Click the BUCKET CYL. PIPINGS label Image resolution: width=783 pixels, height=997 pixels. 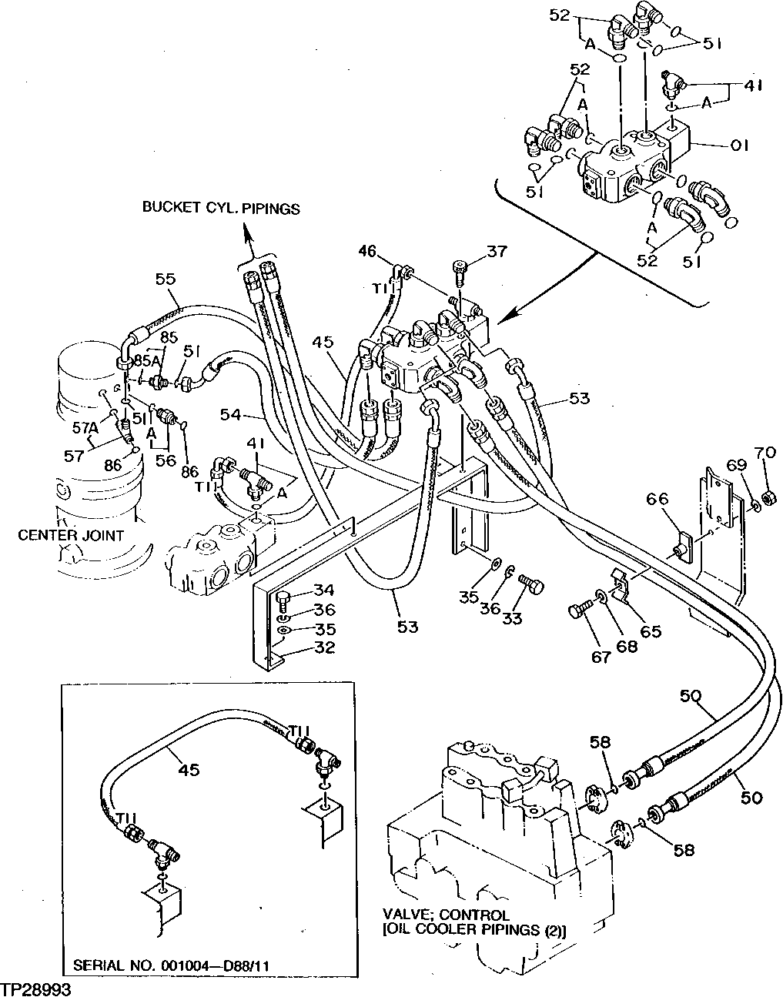(x=220, y=209)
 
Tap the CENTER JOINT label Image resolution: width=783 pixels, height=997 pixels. (x=71, y=535)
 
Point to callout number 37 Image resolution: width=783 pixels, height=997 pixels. (x=497, y=251)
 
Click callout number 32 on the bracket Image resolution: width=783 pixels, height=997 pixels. (x=324, y=647)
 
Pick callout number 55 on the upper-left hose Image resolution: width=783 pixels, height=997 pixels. (x=167, y=279)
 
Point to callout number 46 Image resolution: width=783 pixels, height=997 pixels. (x=369, y=250)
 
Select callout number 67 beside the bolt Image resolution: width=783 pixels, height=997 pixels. (x=601, y=656)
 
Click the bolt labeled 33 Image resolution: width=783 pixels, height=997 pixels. (x=530, y=585)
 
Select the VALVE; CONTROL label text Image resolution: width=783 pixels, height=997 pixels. (x=446, y=915)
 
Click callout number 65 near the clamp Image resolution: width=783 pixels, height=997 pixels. (x=651, y=631)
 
